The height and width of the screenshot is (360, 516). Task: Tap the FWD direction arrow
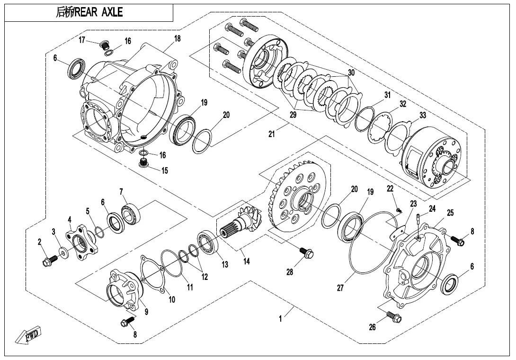point(28,335)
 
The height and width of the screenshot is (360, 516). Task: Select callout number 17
point(82,40)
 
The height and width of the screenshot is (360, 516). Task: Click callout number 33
point(423,115)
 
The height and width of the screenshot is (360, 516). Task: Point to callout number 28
point(290,272)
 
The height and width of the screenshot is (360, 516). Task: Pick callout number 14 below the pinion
point(247,261)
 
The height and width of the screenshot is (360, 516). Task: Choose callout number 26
point(372,327)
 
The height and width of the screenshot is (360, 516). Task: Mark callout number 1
point(280,318)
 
